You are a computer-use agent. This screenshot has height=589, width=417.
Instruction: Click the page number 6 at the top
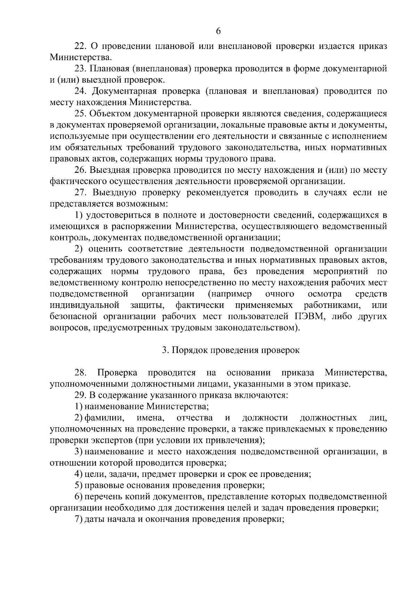(x=218, y=31)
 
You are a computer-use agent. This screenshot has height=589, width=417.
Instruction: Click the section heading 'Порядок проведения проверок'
(x=235, y=350)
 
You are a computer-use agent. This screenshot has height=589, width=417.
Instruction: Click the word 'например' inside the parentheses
(x=230, y=294)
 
